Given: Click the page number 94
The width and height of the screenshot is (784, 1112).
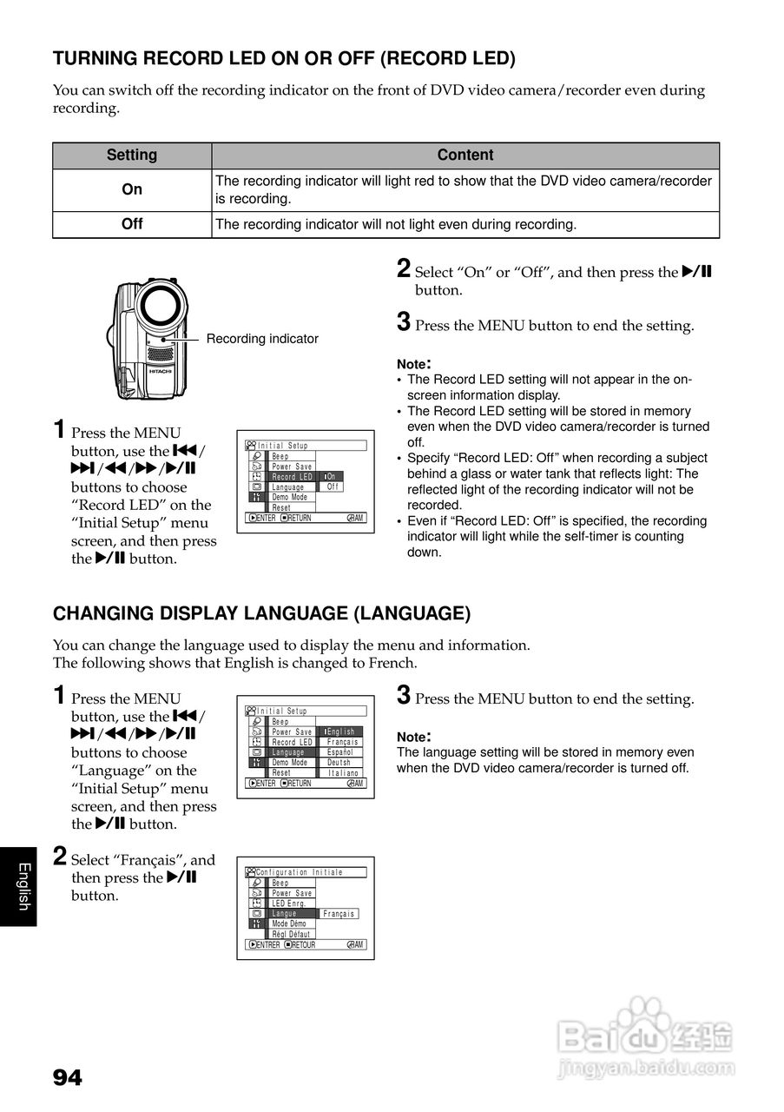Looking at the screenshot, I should tap(68, 1078).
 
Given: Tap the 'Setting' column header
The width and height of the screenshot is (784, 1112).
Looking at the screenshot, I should tap(132, 156).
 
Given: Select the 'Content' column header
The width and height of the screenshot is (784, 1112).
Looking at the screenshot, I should tap(465, 156).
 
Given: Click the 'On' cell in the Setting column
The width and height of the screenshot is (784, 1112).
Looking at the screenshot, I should tap(132, 189).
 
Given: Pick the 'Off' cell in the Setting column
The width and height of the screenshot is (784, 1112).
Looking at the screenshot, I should tap(132, 224).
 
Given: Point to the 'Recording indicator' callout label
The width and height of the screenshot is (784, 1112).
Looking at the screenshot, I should tap(262, 339).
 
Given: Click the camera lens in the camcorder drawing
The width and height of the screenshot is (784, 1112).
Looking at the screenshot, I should tap(161, 305).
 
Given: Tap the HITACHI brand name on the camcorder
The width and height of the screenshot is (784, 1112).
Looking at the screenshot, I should tap(160, 371).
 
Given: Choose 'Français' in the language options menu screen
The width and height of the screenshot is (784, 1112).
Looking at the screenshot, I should tap(342, 742).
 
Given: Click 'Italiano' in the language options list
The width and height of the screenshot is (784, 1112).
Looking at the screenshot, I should tap(343, 772).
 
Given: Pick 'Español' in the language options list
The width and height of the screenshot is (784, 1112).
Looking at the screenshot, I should tap(339, 752).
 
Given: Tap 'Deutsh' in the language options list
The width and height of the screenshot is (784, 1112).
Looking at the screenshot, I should tap(339, 763).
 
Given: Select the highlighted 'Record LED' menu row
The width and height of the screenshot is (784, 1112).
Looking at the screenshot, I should tap(292, 477).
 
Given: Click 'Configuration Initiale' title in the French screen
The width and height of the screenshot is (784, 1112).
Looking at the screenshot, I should tap(300, 872).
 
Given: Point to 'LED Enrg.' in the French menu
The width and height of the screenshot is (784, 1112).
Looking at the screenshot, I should tap(289, 903).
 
